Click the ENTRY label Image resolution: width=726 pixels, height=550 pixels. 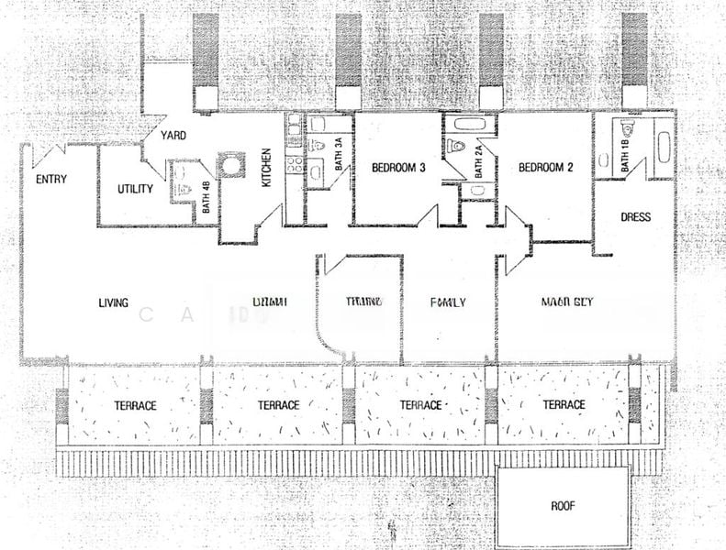50,180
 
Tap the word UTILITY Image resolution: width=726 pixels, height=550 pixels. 135,190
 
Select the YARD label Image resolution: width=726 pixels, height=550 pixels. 173,136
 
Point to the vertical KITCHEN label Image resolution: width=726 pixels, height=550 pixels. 267,169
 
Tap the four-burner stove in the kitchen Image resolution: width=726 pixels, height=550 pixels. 296,166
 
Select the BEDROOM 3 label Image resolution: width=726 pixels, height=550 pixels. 397,169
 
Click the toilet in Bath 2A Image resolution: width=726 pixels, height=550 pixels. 456,147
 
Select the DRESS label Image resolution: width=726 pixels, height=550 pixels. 635,218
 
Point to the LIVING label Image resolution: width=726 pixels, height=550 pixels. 114,303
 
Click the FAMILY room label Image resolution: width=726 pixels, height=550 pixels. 448,302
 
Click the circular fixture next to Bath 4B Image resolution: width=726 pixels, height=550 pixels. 229,166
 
